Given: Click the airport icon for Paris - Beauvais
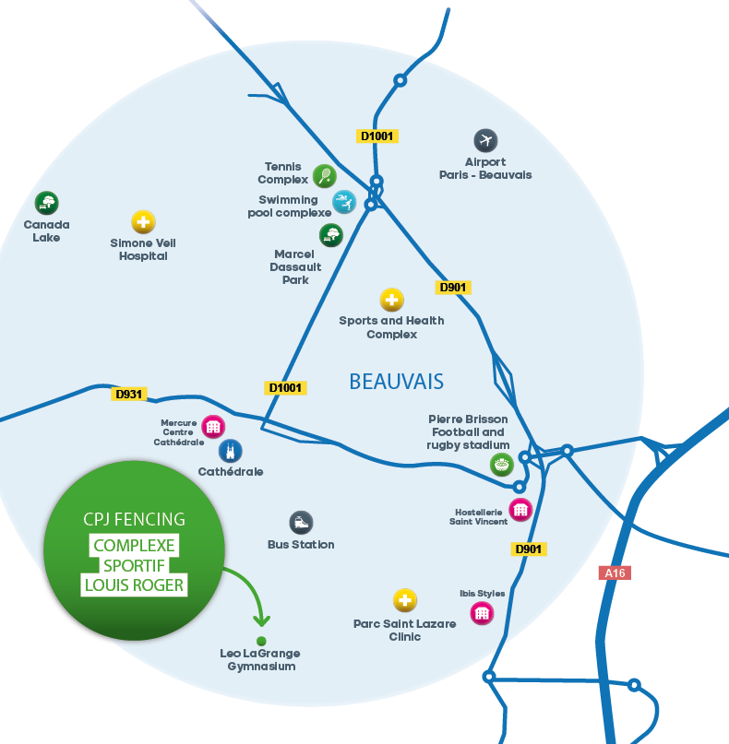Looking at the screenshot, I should click(x=485, y=141).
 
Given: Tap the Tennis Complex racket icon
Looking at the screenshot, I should click(x=324, y=175).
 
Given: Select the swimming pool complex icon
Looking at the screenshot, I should click(x=343, y=202).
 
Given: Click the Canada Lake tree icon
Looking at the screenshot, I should click(x=46, y=203).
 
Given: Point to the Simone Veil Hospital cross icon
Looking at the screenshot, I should click(x=143, y=222).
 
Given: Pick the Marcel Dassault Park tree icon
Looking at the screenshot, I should click(x=330, y=235).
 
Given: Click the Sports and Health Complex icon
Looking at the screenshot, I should click(x=392, y=300).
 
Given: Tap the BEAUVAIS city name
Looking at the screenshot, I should click(x=396, y=381).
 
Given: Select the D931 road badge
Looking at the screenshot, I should click(x=129, y=394).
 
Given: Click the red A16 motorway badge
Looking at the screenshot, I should click(x=615, y=573).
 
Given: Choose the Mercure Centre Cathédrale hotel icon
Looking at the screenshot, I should click(x=213, y=427).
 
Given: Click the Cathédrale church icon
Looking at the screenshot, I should click(x=231, y=451).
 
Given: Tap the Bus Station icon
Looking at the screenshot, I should click(x=301, y=523).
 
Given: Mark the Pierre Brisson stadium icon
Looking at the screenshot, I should click(x=501, y=465).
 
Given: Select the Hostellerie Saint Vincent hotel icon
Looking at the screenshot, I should click(x=521, y=509).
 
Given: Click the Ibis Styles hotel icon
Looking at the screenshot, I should click(x=482, y=613).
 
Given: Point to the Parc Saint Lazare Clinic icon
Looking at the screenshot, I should click(x=404, y=601).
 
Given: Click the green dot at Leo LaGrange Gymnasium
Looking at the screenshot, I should click(x=261, y=641).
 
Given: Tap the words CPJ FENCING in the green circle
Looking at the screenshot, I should click(x=134, y=520).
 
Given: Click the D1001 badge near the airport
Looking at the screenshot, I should click(x=376, y=136).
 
